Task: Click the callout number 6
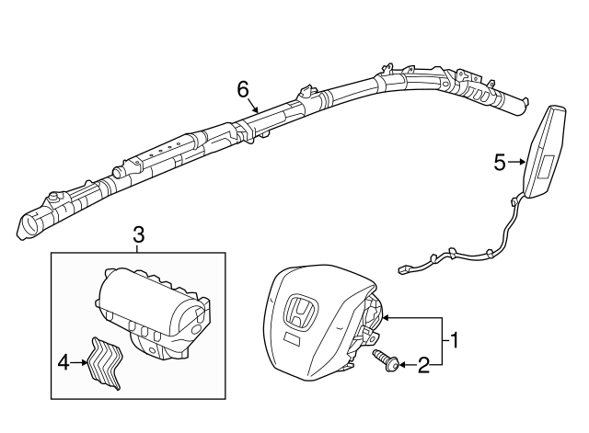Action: coord(243,90)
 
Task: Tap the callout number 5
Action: coord(500,163)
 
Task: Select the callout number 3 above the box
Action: coord(138,235)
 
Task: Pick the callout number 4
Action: coord(64,363)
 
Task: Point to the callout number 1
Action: coord(454,340)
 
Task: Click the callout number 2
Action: coord(423,365)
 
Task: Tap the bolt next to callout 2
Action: coord(387,360)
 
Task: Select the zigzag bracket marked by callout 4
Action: coord(105,362)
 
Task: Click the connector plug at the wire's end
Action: coord(404,268)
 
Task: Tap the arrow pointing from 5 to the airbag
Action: coord(516,162)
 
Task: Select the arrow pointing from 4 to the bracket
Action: coord(79,362)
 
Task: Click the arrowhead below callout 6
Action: coord(256,109)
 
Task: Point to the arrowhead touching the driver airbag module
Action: coord(386,318)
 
